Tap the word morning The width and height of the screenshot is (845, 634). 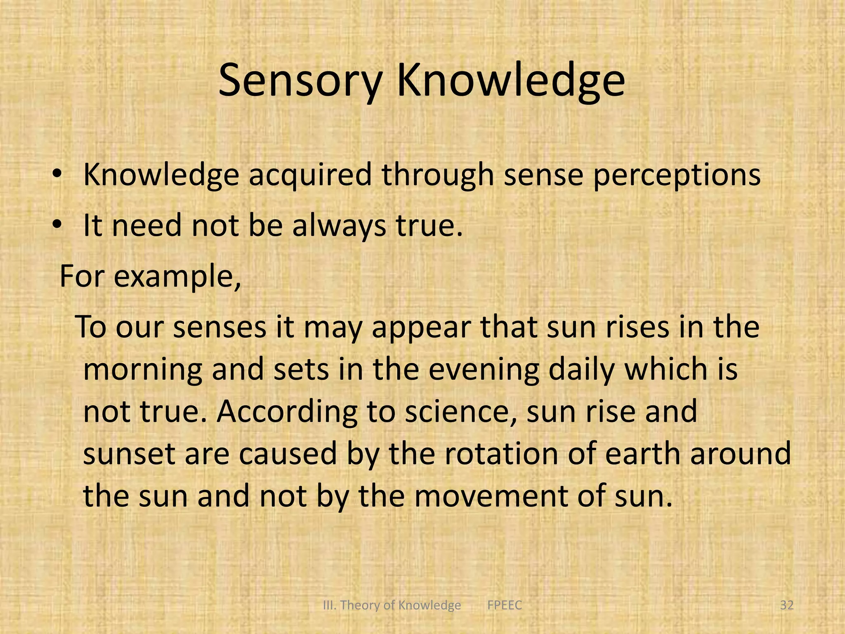click(x=142, y=369)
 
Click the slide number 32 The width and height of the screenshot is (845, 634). click(x=787, y=605)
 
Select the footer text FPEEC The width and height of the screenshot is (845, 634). click(x=504, y=605)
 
